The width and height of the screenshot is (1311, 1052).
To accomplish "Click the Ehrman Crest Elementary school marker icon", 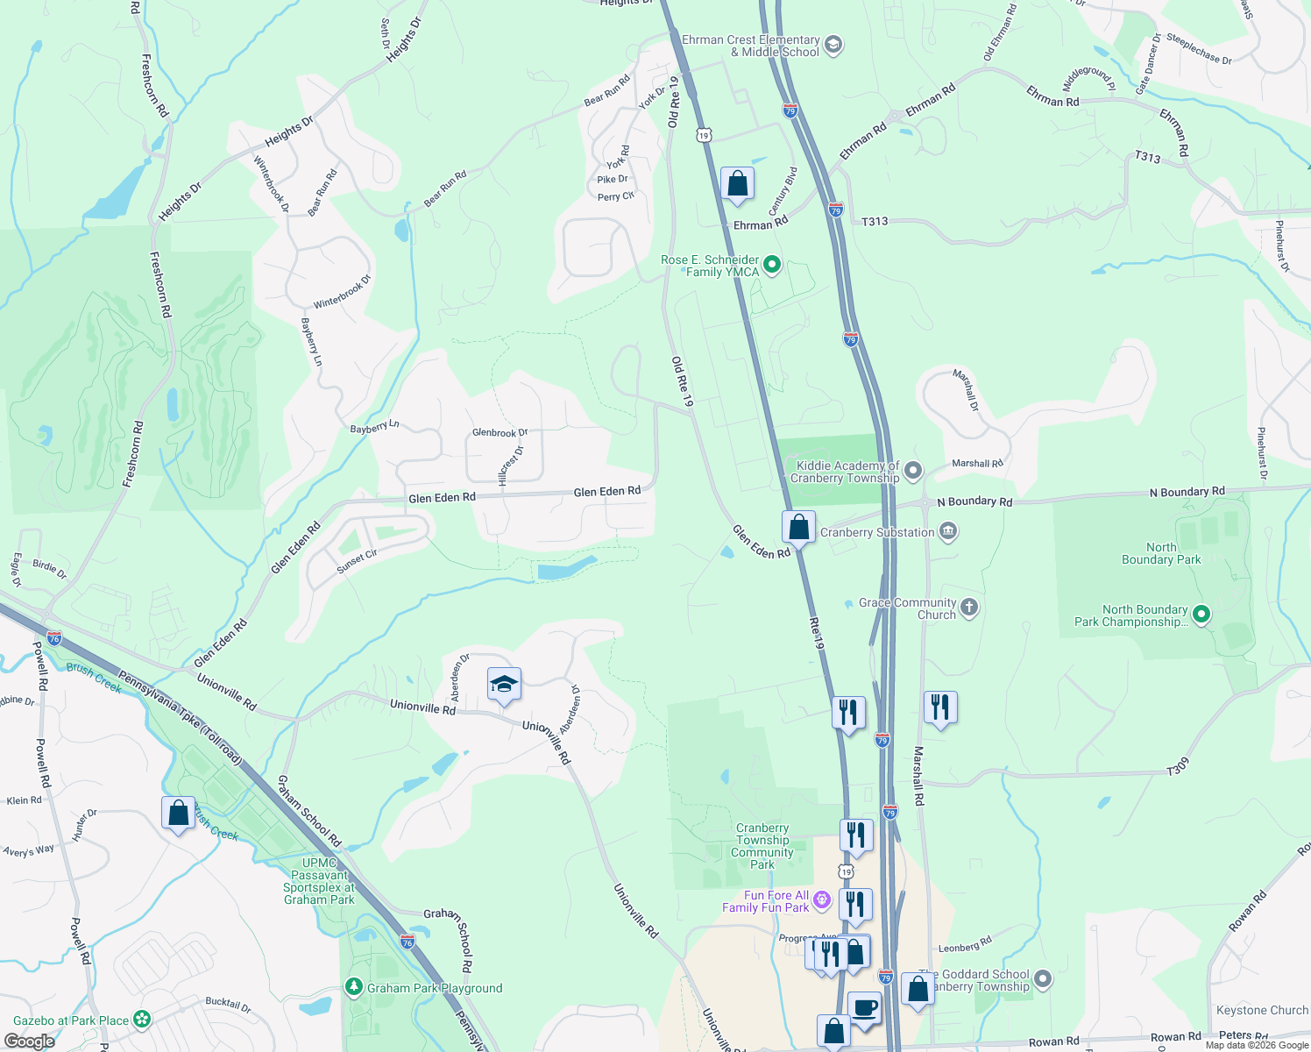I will click(x=833, y=45).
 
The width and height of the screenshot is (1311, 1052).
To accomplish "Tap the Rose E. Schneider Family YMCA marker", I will click(x=772, y=264).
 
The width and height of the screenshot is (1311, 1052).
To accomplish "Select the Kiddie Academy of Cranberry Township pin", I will click(x=913, y=472).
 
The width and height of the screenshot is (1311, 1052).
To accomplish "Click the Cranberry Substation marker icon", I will click(x=947, y=531).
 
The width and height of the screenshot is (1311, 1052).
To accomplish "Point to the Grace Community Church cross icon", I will click(x=968, y=608).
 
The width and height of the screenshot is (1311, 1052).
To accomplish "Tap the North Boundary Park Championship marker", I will click(x=1201, y=615).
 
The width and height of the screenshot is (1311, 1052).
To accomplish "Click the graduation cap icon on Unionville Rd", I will click(x=504, y=684).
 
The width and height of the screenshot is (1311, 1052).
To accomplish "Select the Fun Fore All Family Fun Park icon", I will click(x=821, y=900).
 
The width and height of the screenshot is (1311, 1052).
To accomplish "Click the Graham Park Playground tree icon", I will click(x=354, y=987).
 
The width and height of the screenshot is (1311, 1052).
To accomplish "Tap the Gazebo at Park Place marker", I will click(x=142, y=1020).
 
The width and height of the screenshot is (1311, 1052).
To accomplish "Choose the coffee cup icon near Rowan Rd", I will click(x=864, y=1007).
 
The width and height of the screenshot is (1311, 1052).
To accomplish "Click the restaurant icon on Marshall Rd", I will click(x=939, y=707).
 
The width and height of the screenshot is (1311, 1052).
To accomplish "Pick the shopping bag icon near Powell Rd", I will click(x=178, y=813).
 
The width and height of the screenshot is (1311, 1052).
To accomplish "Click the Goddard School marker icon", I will click(x=1042, y=978).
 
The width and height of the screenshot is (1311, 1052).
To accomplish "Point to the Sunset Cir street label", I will click(x=357, y=562).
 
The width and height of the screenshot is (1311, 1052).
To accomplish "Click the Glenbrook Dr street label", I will click(x=500, y=432).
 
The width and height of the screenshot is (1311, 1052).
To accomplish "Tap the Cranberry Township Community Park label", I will click(x=762, y=846).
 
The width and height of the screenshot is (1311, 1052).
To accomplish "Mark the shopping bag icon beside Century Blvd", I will click(x=737, y=184).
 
